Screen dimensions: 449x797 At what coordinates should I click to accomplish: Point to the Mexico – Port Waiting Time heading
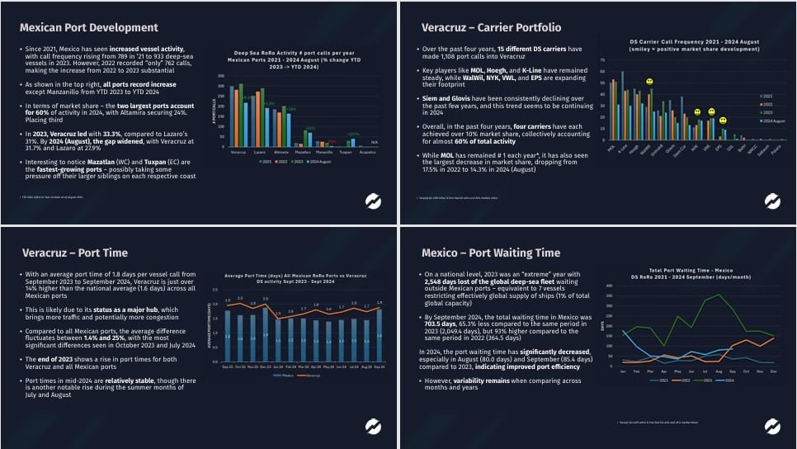point(491,252)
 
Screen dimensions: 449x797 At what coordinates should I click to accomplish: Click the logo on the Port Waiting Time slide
point(772,426)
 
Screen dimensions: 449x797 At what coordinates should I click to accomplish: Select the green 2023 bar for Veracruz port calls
point(240,115)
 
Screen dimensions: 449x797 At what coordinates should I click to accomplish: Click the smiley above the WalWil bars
point(650,83)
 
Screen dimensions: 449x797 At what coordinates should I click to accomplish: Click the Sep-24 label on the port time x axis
point(379,366)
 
